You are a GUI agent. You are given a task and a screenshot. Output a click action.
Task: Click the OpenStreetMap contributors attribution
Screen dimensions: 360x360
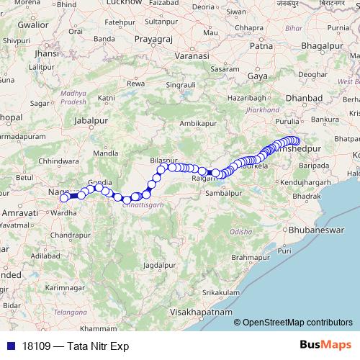[297, 323]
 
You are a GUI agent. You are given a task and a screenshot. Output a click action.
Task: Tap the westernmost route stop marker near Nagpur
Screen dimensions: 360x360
[64, 198]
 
